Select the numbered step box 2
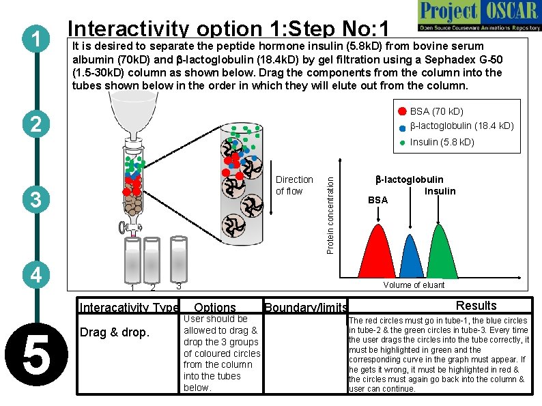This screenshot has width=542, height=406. [33, 124]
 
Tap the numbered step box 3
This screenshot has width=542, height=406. [33, 199]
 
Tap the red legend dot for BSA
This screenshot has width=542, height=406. [402, 111]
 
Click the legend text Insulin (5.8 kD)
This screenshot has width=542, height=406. [442, 142]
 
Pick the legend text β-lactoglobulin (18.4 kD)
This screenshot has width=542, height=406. [461, 126]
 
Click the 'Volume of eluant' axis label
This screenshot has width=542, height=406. [414, 285]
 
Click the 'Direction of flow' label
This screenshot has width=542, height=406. [294, 186]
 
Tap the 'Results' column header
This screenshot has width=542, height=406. [476, 306]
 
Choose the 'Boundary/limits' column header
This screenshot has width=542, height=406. [305, 308]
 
